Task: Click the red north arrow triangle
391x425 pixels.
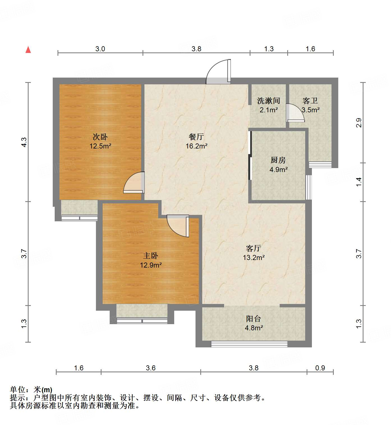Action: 28,50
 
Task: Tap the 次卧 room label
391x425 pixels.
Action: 100,137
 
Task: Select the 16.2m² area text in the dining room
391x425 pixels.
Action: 196,146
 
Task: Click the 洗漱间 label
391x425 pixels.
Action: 268,101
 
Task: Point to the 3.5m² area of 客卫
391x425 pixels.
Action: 311,110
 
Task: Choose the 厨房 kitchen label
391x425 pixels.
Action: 278,160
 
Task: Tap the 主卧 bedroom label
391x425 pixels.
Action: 151,256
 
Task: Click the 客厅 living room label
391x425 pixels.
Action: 254,248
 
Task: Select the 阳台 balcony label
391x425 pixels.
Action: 254,319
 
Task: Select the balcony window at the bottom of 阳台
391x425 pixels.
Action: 249,344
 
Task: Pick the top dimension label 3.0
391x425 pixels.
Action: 100,49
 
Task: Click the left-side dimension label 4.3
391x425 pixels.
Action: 24,142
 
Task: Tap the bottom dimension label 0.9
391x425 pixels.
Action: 320,368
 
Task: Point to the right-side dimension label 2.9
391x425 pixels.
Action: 359,123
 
